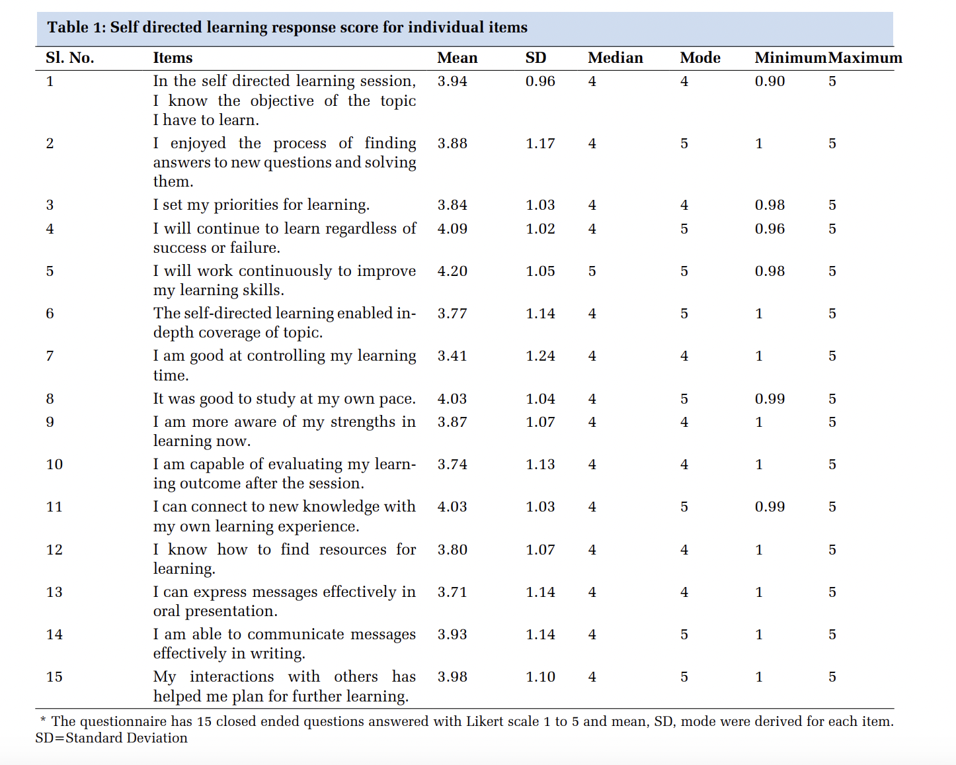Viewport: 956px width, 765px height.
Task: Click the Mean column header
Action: (457, 58)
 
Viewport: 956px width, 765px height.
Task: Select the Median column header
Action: (615, 58)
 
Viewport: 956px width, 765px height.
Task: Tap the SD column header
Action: (536, 58)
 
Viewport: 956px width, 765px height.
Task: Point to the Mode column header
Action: (699, 58)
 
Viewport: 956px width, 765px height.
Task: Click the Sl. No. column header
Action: (69, 58)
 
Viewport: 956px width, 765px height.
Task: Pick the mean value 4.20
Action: (452, 271)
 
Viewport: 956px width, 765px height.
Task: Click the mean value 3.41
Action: (452, 356)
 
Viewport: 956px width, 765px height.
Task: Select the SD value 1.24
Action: (540, 356)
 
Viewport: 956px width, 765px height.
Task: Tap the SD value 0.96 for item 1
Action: (540, 81)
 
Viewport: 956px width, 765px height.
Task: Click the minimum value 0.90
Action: (770, 81)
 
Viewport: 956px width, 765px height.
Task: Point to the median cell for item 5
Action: (592, 271)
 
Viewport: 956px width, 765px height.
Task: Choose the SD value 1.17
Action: (540, 144)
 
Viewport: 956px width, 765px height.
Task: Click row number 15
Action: (54, 677)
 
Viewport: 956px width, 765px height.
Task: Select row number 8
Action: (50, 399)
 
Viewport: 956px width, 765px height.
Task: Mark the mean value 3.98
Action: (452, 677)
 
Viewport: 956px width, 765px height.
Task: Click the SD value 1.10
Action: (540, 677)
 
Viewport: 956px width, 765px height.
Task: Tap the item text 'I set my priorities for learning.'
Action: (261, 205)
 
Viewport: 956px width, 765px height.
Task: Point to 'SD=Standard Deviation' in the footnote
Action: (111, 738)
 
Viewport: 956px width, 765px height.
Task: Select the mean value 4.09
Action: (452, 229)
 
